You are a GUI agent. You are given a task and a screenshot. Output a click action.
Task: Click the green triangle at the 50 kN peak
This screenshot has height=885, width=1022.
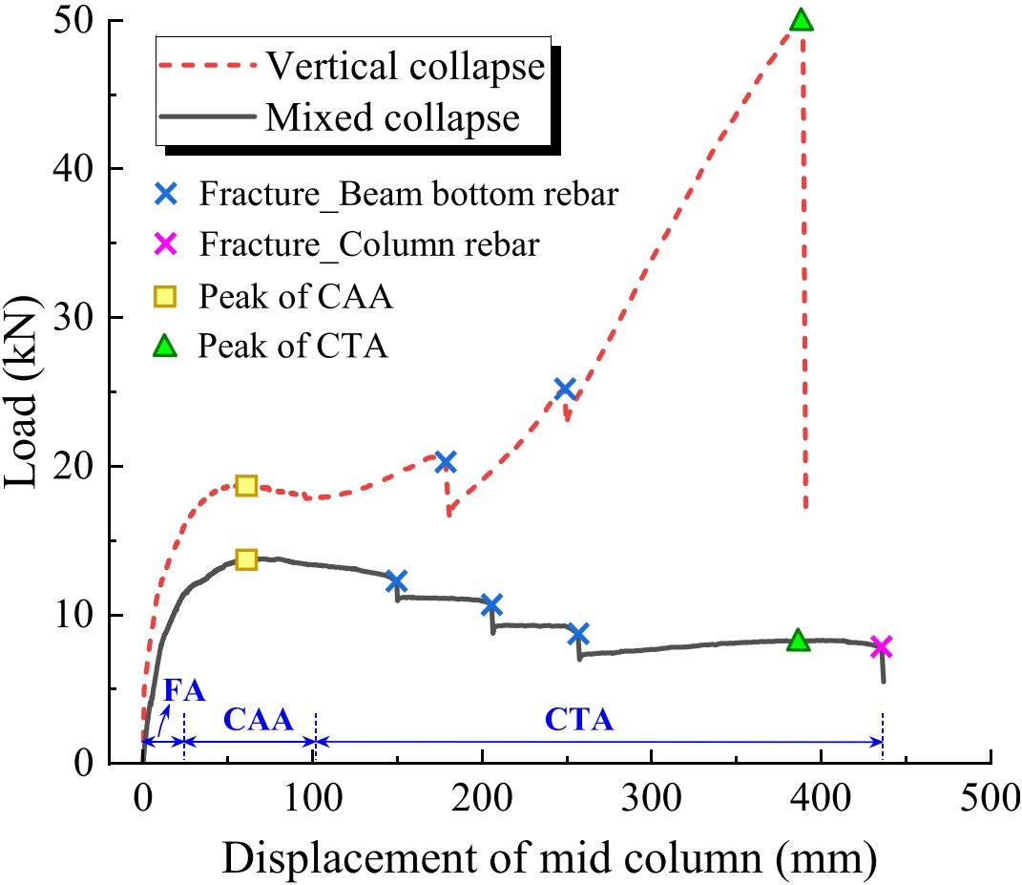801,20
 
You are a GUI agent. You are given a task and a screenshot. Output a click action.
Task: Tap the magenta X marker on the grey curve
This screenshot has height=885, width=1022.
881,647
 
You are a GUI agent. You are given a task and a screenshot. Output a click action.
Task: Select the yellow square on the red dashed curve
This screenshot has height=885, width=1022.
246,485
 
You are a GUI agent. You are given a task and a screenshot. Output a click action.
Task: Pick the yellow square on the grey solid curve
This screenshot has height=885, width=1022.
246,559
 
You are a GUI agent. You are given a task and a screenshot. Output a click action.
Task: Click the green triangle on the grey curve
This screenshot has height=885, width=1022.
799,641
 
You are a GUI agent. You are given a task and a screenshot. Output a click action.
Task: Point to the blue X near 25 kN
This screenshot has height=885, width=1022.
565,389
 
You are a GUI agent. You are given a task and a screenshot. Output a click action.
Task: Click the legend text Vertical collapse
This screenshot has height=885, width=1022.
406,67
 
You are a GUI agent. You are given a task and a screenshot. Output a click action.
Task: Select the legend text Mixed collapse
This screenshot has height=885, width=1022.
392,117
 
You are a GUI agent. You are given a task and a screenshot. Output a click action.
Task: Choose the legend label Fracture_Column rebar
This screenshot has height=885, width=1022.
369,244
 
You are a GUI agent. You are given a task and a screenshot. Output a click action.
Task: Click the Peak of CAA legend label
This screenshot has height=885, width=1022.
296,296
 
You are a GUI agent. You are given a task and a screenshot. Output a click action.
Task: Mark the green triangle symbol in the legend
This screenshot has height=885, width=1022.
165,346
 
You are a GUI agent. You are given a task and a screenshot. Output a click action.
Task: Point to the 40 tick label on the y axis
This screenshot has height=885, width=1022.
73,169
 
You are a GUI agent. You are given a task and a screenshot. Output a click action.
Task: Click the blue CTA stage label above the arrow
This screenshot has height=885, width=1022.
579,719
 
